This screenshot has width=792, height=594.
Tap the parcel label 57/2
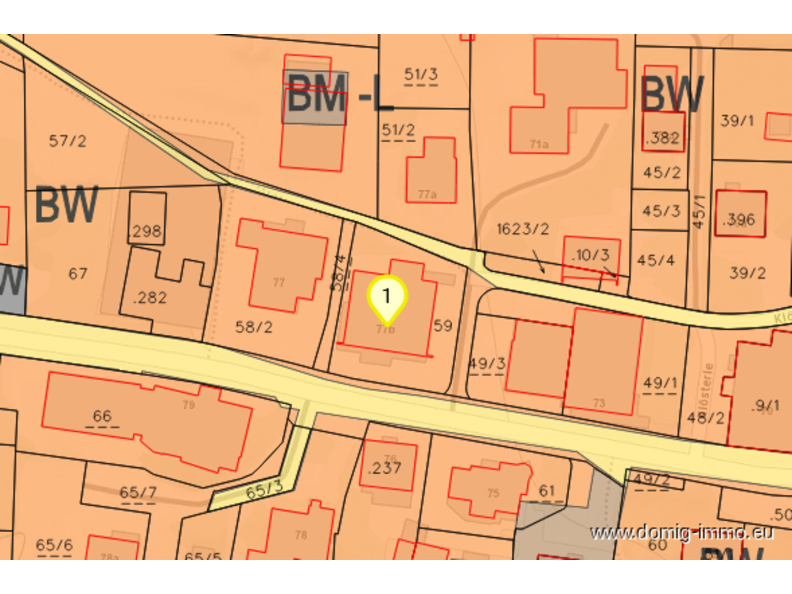[67, 141]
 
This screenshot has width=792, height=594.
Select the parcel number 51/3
[421, 74]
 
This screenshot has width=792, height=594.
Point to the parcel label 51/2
[398, 130]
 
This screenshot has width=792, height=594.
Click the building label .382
[663, 137]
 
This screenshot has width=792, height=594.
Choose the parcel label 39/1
[737, 120]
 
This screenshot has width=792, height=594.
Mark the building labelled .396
[739, 220]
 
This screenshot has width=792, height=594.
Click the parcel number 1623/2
[523, 228]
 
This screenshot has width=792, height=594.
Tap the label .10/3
[591, 255]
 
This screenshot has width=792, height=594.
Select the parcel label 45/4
[656, 260]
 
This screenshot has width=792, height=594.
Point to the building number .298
[146, 231]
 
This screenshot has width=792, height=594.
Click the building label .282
[150, 298]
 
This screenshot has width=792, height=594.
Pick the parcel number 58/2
[254, 327]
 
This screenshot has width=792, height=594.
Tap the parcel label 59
[442, 325]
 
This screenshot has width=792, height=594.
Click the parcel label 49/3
[487, 363]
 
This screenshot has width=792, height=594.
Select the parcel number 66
[102, 416]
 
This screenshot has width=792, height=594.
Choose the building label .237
[385, 468]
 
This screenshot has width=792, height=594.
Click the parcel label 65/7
[138, 492]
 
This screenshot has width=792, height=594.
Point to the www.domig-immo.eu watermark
[682, 533]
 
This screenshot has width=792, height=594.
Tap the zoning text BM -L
[339, 95]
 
